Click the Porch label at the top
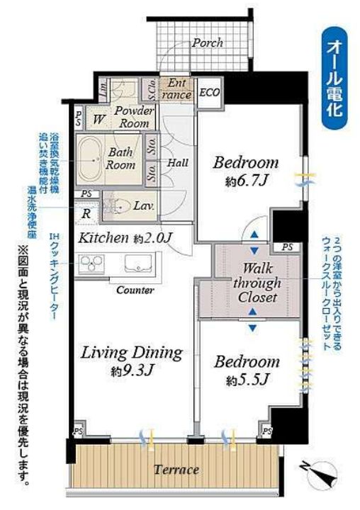coord(208,42)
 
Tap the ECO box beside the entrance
coord(208,93)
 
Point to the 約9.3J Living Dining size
coord(132,369)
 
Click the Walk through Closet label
coord(252,283)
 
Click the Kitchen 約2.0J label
coord(125,238)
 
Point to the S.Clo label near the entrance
coord(151,89)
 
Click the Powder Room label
coord(133,116)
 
